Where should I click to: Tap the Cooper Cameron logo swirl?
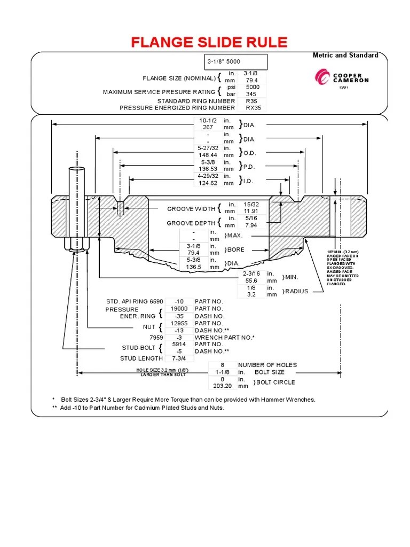point(322,79)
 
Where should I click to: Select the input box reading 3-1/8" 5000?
point(235,61)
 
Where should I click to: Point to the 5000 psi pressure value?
point(253,87)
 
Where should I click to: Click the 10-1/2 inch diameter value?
point(206,121)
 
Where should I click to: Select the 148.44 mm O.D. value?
point(206,155)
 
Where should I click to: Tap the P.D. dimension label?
point(249,166)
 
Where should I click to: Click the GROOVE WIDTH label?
point(191,209)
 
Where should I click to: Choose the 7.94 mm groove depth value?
point(251,225)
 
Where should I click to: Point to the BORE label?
point(235,249)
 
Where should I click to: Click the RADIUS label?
point(297,291)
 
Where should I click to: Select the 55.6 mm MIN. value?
point(250,279)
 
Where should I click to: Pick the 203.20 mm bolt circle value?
point(222,385)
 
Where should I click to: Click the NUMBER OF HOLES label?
point(267,365)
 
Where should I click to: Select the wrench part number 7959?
point(154,337)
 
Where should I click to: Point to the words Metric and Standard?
point(345,55)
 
